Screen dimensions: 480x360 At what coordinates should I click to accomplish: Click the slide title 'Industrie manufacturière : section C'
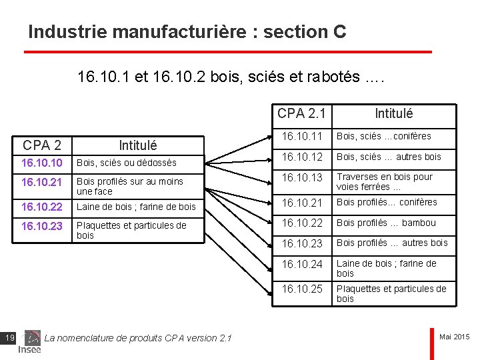[187, 32]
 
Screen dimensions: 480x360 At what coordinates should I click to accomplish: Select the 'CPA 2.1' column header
[301, 114]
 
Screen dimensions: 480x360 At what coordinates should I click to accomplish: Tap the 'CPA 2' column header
[42, 145]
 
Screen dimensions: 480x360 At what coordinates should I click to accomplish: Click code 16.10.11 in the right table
[301, 137]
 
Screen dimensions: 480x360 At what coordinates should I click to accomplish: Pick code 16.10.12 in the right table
[301, 157]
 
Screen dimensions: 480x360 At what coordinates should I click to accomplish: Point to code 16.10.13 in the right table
[301, 177]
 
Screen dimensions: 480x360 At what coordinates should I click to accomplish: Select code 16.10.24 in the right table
[301, 265]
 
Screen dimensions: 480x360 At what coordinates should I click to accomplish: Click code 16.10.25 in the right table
[301, 289]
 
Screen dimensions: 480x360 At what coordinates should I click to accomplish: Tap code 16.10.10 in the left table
[42, 163]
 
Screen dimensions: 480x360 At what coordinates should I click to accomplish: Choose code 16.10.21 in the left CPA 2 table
[42, 182]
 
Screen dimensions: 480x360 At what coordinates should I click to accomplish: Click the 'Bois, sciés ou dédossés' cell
[127, 163]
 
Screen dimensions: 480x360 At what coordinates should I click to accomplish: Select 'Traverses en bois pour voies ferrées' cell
[385, 182]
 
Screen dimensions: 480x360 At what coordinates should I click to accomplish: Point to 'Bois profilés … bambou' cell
[386, 223]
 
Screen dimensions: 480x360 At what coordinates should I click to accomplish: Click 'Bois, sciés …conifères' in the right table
[383, 137]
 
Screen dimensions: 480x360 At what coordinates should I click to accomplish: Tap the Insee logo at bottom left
[30, 349]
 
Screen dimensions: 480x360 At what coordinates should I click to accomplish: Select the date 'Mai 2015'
[455, 337]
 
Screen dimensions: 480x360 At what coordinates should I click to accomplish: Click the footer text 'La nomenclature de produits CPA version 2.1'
[138, 339]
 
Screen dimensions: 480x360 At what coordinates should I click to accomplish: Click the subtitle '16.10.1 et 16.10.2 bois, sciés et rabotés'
[231, 78]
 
